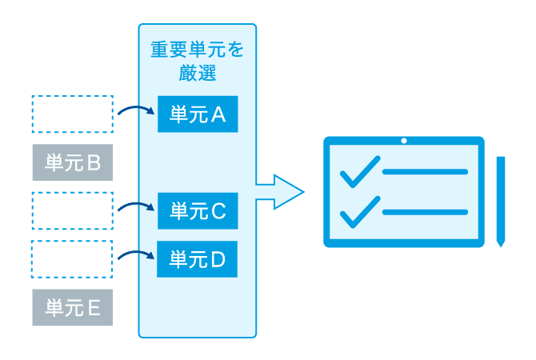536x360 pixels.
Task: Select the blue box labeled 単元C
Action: click(x=198, y=211)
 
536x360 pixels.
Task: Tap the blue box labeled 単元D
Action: click(x=198, y=259)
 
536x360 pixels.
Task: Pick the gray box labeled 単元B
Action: click(x=72, y=164)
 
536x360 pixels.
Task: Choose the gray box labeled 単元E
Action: click(x=72, y=308)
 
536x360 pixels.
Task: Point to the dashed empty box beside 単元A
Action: click(x=72, y=114)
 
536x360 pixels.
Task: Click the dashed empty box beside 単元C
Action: click(x=72, y=210)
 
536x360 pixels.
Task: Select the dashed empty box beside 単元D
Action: click(x=72, y=258)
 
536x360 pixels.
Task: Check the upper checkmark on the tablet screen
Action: click(x=359, y=170)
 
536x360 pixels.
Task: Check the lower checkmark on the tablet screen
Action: click(x=359, y=210)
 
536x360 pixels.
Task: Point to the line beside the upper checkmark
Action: click(x=425, y=172)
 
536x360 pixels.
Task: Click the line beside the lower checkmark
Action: click(x=425, y=212)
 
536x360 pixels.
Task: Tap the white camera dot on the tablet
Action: click(x=404, y=142)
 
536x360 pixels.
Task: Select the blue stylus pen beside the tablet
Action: click(x=500, y=200)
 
